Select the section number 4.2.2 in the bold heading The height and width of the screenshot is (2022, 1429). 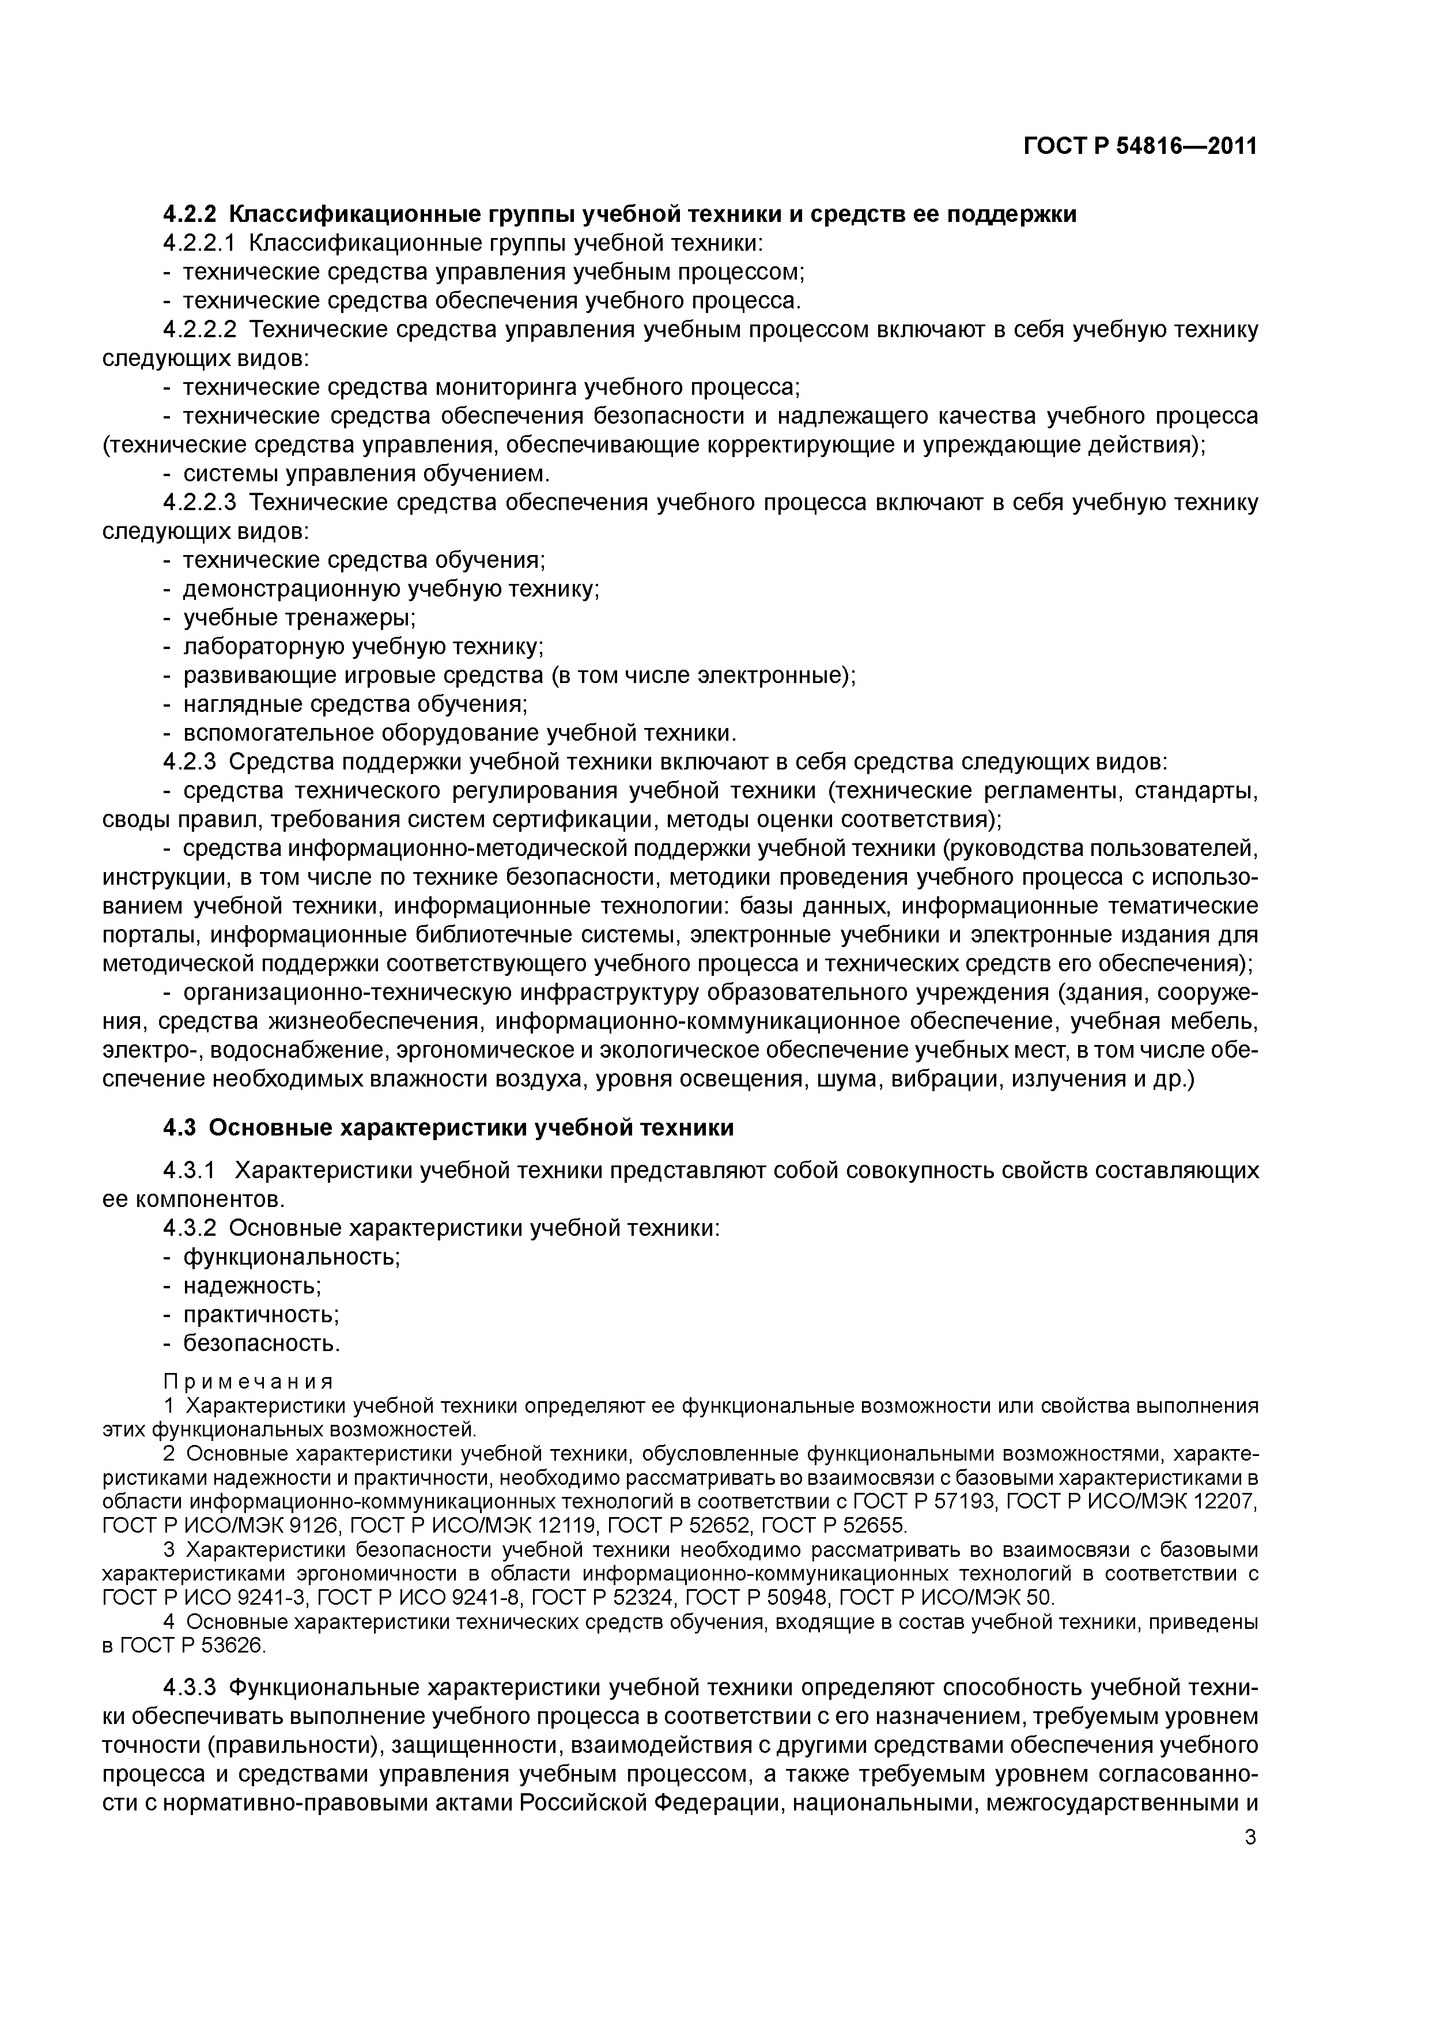190,214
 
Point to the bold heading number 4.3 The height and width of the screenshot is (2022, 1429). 182,1127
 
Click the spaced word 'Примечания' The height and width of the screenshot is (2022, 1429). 248,1382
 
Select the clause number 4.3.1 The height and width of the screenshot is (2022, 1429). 190,1171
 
